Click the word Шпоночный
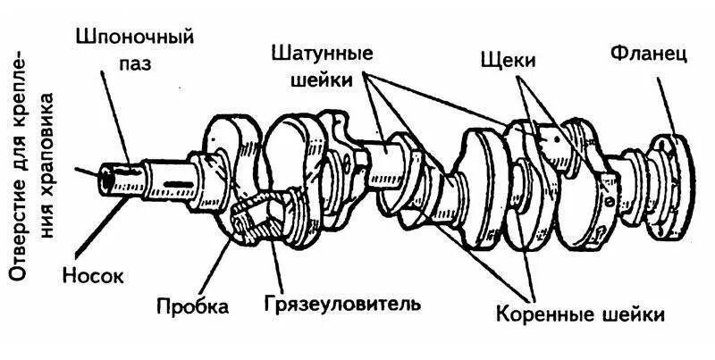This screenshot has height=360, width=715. [x=133, y=38]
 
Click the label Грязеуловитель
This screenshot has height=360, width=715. [x=341, y=304]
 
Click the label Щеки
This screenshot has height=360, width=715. [x=507, y=61]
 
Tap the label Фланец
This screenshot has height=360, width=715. [x=649, y=53]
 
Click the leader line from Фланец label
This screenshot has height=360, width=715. [x=663, y=103]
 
